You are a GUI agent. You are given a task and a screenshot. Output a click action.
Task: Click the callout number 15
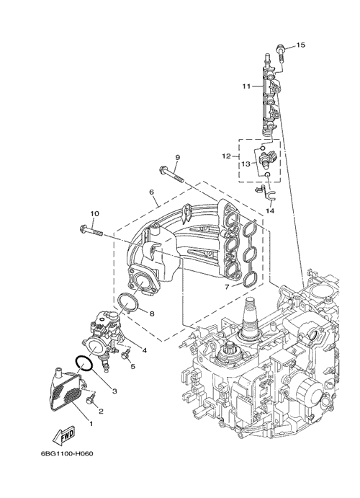click(x=300, y=45)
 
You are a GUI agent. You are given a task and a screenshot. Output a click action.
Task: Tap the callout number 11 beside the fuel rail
click(x=246, y=86)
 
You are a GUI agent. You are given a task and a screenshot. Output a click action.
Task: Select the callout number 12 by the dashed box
click(x=227, y=156)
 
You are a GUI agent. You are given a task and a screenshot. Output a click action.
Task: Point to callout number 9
click(x=177, y=157)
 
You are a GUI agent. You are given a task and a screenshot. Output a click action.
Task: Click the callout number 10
click(x=94, y=213)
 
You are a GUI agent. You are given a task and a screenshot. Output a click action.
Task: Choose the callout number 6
click(x=151, y=192)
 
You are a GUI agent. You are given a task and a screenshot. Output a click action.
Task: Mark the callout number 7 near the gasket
click(x=227, y=287)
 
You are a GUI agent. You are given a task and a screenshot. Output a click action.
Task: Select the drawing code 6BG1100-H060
click(x=67, y=453)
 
